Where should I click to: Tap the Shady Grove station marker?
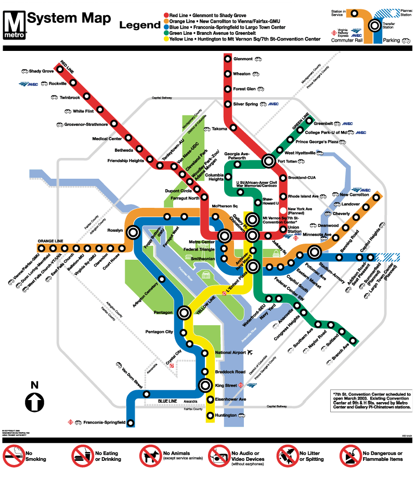point(61,71)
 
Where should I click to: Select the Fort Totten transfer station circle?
point(268,161)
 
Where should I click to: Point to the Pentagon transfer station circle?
point(184,313)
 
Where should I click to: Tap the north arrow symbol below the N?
point(35,402)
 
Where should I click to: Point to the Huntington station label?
point(227,415)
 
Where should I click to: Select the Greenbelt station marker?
point(311,123)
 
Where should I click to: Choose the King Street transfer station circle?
point(206,385)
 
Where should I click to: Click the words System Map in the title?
point(69,19)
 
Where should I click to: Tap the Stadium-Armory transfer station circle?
point(314,253)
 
